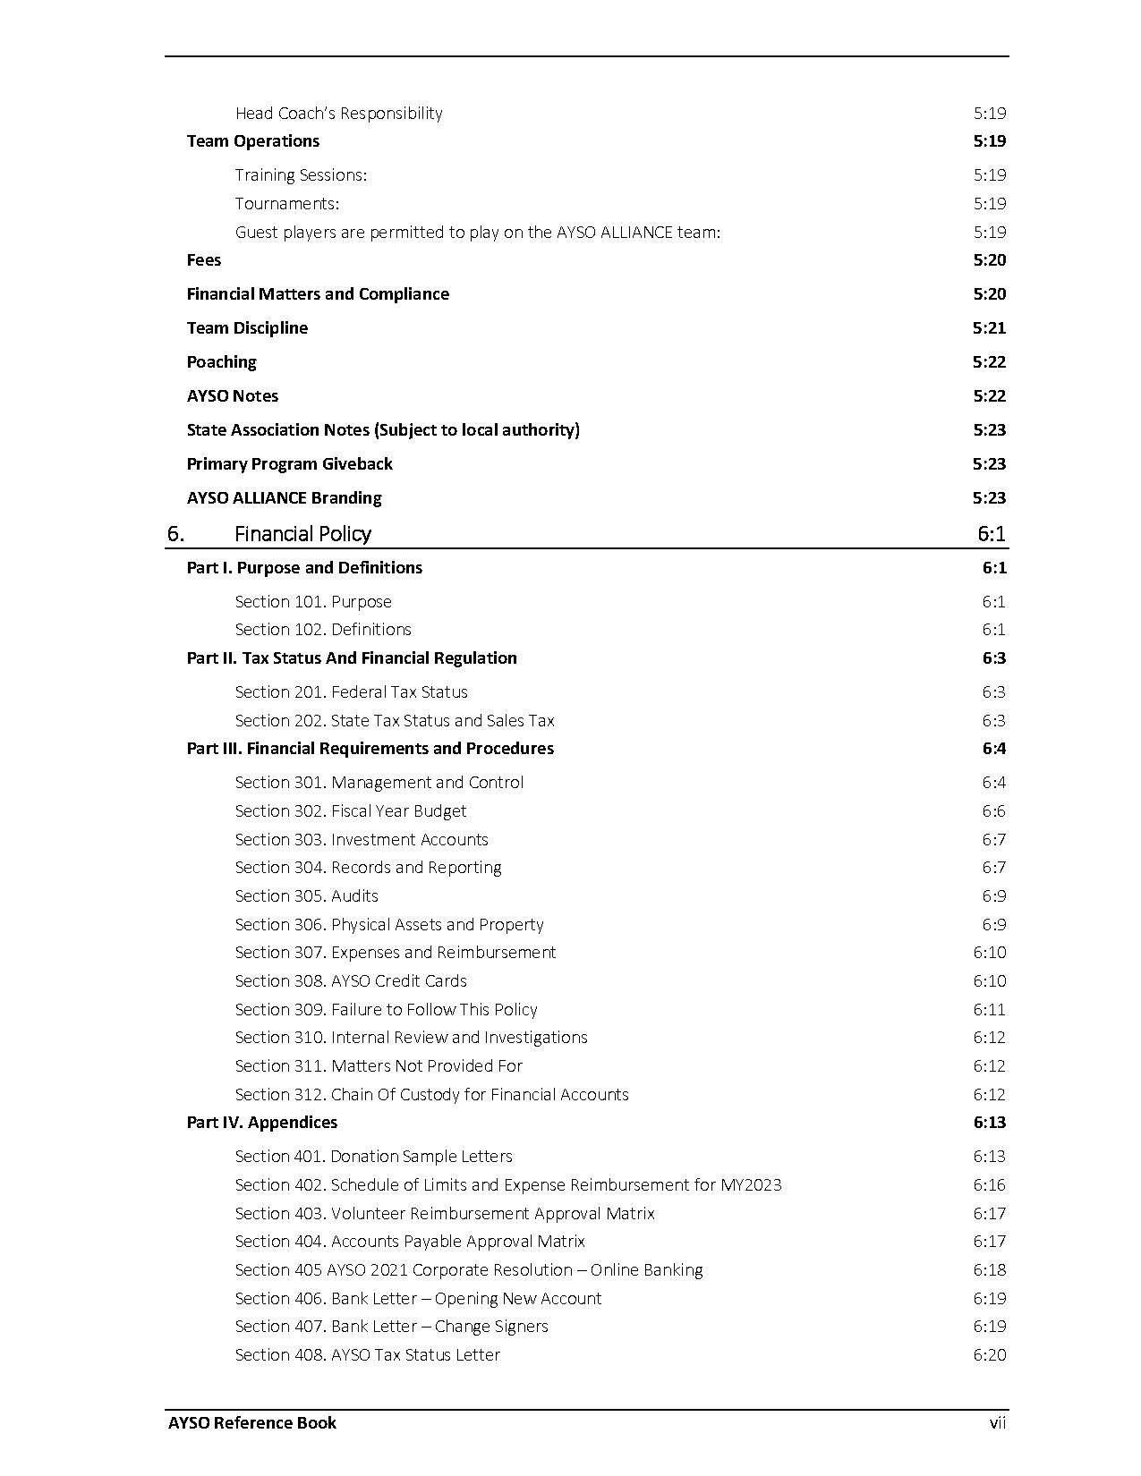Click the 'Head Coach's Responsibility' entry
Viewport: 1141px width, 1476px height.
pos(338,113)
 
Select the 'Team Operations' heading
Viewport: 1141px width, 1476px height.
pos(252,140)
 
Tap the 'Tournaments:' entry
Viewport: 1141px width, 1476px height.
pos(286,203)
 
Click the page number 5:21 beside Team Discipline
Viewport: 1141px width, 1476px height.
pos(989,327)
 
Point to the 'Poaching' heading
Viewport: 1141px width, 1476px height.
pos(221,361)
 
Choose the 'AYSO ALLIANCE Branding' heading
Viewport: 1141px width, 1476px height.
pos(284,497)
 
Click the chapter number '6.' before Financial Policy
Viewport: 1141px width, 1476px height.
pos(175,534)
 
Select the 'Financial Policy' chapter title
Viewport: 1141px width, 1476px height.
pos(302,534)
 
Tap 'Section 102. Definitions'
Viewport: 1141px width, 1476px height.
pos(323,629)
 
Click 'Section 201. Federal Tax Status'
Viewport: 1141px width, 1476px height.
pos(351,691)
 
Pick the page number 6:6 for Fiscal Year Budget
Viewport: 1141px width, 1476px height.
pos(993,810)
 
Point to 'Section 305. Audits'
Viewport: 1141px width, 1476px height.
pos(306,895)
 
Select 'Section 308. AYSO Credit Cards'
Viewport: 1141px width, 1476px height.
pos(351,980)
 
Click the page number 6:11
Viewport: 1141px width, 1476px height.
pos(989,1009)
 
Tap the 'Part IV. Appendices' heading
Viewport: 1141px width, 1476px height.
pos(261,1122)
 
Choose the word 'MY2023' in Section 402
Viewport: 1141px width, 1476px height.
pos(751,1184)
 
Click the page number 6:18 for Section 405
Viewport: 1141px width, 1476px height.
pos(989,1269)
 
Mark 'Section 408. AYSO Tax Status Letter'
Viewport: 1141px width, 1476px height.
pos(367,1354)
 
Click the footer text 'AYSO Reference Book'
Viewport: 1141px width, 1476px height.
pos(252,1422)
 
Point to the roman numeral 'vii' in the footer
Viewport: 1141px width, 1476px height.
pos(997,1422)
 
